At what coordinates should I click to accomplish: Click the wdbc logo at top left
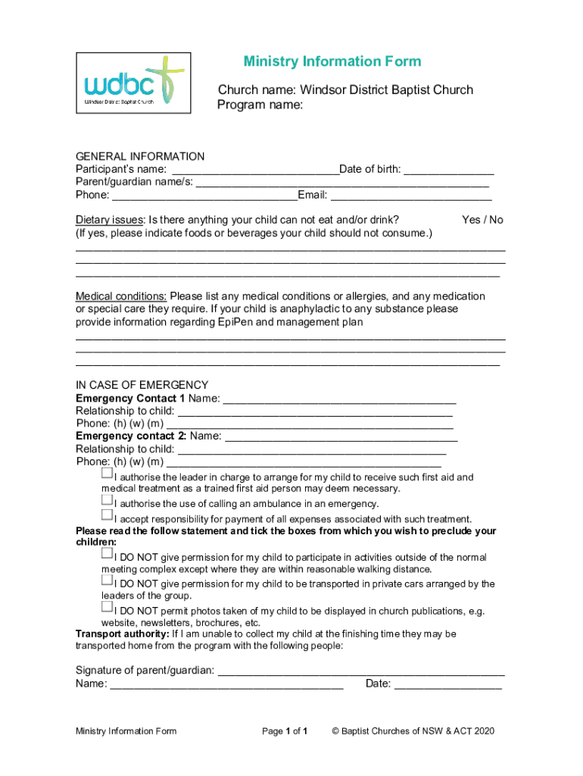tap(133, 83)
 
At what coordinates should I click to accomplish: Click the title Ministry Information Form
tap(332, 61)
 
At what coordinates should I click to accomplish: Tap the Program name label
tap(260, 105)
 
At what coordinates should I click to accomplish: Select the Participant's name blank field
tap(254, 170)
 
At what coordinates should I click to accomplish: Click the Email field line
tap(410, 196)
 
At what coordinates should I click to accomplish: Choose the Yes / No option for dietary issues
tap(482, 220)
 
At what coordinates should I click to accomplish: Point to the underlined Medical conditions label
tap(121, 296)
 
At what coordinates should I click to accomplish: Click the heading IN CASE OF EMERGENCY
tap(142, 385)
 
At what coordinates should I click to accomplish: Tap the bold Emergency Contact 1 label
tap(130, 398)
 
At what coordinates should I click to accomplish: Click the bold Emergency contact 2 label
tap(131, 436)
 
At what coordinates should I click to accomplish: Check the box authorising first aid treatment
tap(107, 474)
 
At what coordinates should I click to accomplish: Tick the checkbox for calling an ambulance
tap(107, 500)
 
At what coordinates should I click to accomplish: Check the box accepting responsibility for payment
tap(107, 515)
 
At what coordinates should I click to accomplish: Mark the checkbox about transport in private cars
tap(107, 580)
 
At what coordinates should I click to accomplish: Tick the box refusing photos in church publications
tap(107, 607)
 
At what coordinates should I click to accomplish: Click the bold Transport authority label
tap(122, 634)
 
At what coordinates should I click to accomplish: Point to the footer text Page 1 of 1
tap(284, 731)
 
